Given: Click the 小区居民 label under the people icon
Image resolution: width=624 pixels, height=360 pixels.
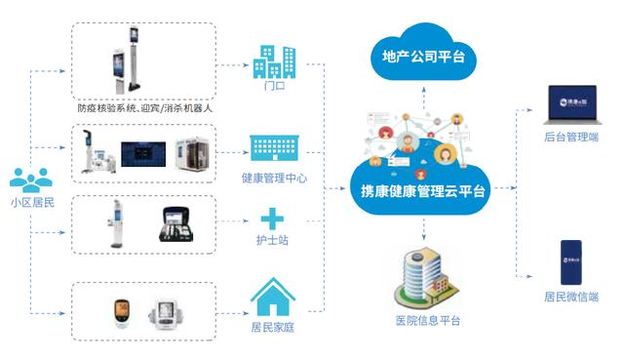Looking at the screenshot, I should point(31,204).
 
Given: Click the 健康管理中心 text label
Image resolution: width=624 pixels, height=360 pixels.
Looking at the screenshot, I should point(275,179).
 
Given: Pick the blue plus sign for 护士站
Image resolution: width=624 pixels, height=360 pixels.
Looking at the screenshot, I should point(274,219).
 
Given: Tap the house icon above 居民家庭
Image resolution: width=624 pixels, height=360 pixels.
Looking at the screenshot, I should point(274,294).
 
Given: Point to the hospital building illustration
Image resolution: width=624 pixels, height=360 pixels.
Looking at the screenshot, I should point(422,278).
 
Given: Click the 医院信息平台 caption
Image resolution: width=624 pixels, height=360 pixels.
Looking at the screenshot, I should point(427,322).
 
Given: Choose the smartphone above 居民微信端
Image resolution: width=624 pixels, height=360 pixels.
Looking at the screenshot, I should point(571,260).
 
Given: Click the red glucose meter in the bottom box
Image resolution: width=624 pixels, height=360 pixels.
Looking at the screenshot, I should point(120,312).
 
